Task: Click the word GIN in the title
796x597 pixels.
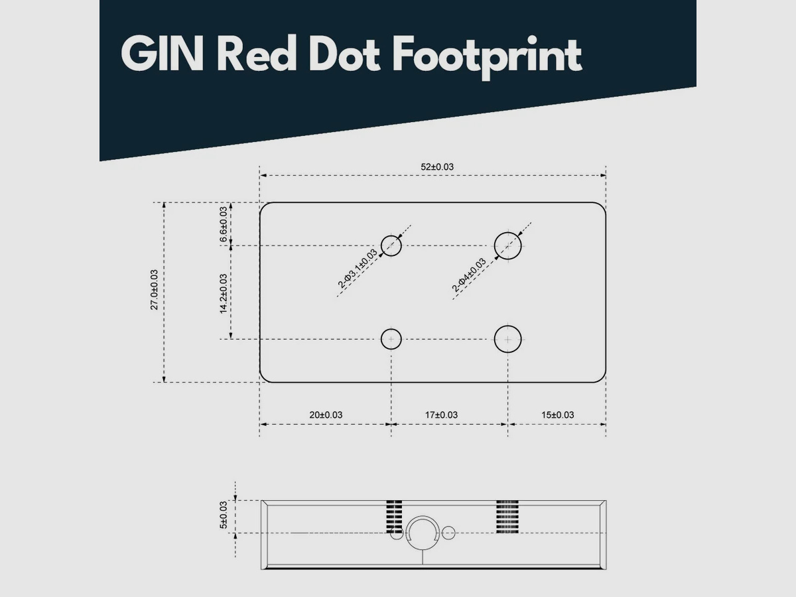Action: tap(162, 54)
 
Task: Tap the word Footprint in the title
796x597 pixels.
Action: tap(487, 57)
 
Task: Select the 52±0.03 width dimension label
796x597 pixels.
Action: tap(437, 166)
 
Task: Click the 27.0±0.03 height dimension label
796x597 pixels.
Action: tap(154, 290)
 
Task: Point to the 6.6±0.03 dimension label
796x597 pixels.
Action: tap(224, 224)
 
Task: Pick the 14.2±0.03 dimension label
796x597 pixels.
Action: tap(224, 294)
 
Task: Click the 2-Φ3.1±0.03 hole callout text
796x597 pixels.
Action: tap(358, 269)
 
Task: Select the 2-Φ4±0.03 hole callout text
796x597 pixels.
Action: tap(469, 275)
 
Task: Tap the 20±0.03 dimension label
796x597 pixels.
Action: tap(326, 415)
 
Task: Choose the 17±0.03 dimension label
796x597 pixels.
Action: tap(441, 415)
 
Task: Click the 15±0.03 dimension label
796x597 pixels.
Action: tap(558, 415)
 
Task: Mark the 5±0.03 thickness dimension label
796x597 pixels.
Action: tap(224, 515)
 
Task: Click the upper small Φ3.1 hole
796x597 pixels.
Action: tap(391, 235)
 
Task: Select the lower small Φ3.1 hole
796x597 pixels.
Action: tap(391, 329)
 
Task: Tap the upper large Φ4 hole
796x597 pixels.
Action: tap(507, 232)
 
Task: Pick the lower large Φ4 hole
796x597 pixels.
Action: tap(507, 326)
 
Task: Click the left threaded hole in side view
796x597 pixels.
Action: tap(394, 517)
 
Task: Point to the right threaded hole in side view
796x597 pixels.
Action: tap(507, 517)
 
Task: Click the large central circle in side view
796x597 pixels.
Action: tap(423, 516)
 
